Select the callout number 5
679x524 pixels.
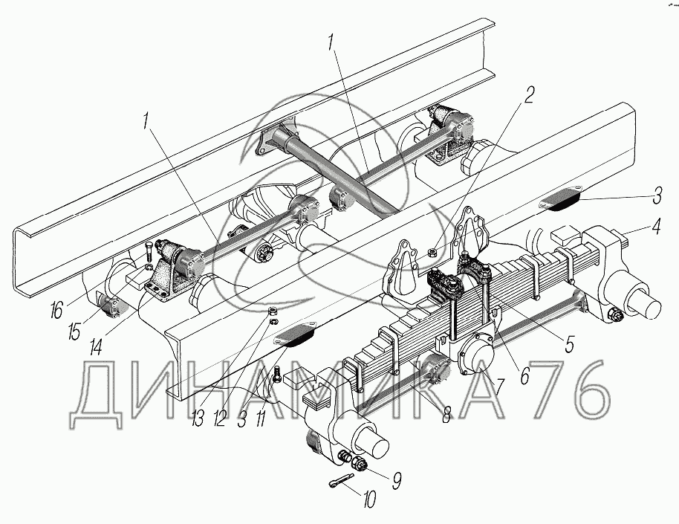[x=570, y=344]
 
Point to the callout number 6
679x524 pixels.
[x=525, y=376]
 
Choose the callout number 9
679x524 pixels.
[x=397, y=479]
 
